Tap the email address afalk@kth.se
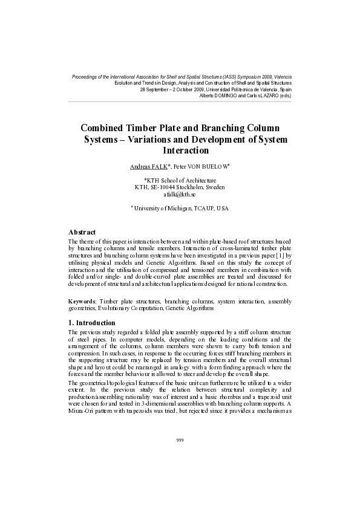tap(180, 195)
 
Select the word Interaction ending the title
tap(186, 151)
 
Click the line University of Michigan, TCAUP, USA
tap(180, 209)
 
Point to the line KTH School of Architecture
tap(181, 180)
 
